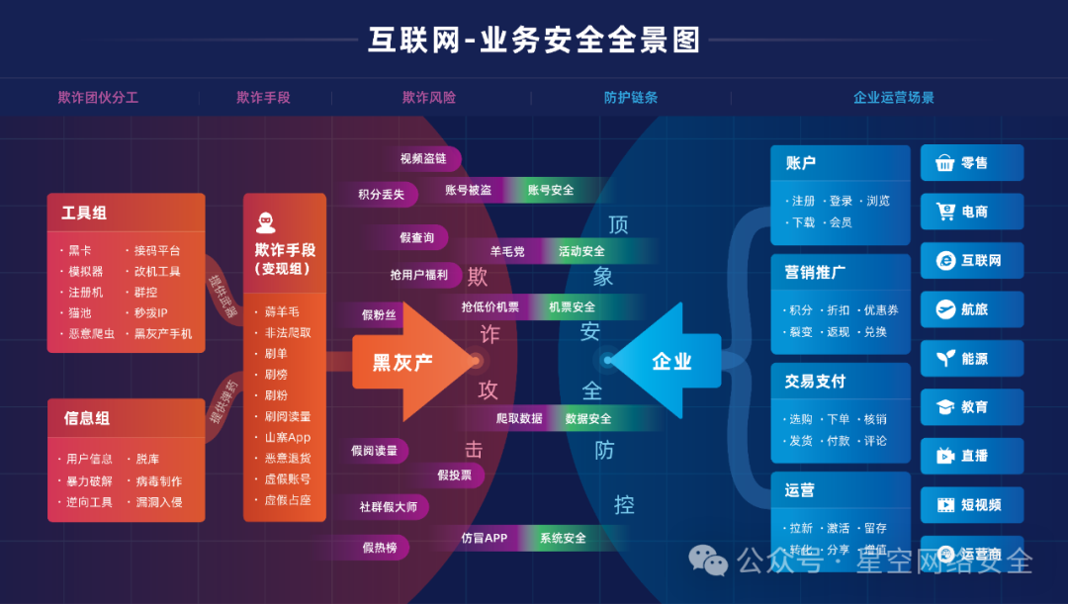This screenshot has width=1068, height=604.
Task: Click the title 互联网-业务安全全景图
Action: pyautogui.click(x=534, y=40)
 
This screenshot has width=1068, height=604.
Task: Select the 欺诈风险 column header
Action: pyautogui.click(x=429, y=98)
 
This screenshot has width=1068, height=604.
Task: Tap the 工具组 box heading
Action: pyautogui.click(x=84, y=213)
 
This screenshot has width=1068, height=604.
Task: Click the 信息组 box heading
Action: pyautogui.click(x=87, y=418)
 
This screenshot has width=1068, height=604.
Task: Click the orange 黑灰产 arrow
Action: pyautogui.click(x=405, y=362)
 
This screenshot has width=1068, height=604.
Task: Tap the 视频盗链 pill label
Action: pyautogui.click(x=423, y=159)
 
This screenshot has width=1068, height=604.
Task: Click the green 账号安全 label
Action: pyautogui.click(x=551, y=190)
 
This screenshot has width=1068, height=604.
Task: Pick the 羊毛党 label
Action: pyautogui.click(x=507, y=251)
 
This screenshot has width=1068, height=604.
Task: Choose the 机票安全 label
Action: pyautogui.click(x=573, y=307)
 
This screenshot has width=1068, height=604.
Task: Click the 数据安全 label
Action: pyautogui.click(x=588, y=418)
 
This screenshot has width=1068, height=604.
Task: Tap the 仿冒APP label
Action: pyautogui.click(x=484, y=538)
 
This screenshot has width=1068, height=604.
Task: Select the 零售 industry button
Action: pyautogui.click(x=972, y=163)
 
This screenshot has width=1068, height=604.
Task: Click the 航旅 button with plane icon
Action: pyautogui.click(x=972, y=309)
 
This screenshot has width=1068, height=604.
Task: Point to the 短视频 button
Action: pyautogui.click(x=972, y=505)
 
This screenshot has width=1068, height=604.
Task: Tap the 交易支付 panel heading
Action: pyautogui.click(x=815, y=382)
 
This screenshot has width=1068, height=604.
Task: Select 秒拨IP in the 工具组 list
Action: pyautogui.click(x=151, y=312)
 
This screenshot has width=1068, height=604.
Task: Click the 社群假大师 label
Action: pyautogui.click(x=388, y=507)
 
